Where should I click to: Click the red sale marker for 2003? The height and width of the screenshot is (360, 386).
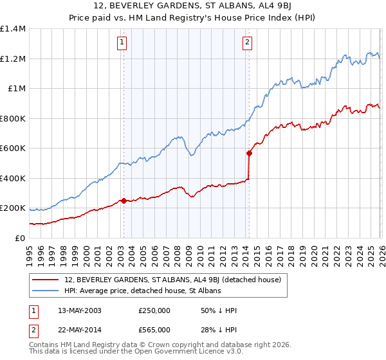coord(124,201)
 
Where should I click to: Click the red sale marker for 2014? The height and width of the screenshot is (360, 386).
coord(249,153)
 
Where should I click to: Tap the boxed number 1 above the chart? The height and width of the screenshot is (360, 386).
coord(122,43)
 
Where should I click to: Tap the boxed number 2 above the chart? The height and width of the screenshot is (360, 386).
coord(247,43)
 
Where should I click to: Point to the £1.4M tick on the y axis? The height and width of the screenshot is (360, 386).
coord(13,29)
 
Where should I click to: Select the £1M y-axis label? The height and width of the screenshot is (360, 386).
coord(17,89)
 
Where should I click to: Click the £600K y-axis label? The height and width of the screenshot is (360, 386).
coord(13,148)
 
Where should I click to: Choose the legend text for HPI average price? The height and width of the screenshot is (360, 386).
coord(143,291)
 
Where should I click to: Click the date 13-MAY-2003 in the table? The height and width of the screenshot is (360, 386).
coord(80,310)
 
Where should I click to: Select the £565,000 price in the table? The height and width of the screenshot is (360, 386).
coord(154,330)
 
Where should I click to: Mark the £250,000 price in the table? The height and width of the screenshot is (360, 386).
coord(154,310)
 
